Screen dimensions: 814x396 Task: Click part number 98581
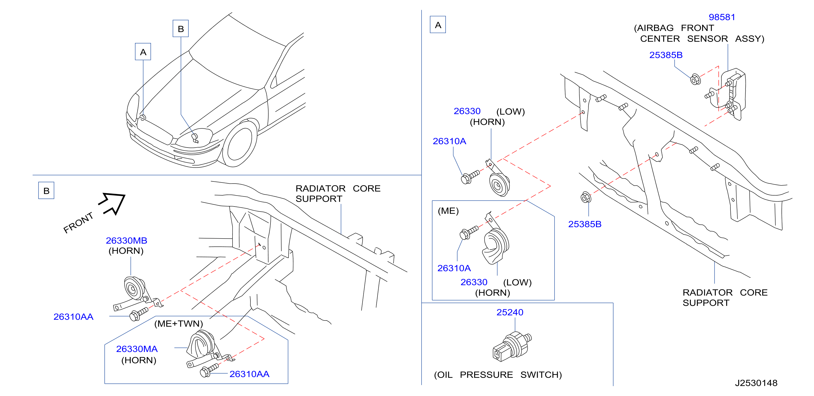coord(722,17)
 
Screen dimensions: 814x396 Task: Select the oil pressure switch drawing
coord(512,346)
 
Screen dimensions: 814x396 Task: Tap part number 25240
coord(510,312)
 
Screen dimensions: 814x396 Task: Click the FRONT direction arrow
coord(112,204)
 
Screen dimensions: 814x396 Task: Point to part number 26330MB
coord(126,241)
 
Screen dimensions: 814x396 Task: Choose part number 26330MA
coord(137,349)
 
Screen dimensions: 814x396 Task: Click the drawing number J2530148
coord(756,383)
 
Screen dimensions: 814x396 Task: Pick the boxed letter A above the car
coord(143,52)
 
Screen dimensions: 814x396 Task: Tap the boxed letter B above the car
coord(180,29)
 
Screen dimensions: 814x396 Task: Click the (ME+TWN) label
coord(179,324)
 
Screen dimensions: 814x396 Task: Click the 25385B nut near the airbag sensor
coord(695,79)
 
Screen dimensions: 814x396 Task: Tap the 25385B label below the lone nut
coord(585,224)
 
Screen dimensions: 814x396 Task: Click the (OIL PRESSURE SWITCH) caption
coord(498,375)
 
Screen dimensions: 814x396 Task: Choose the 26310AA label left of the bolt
coord(73,317)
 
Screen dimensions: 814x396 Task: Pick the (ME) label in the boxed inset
coord(448,211)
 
